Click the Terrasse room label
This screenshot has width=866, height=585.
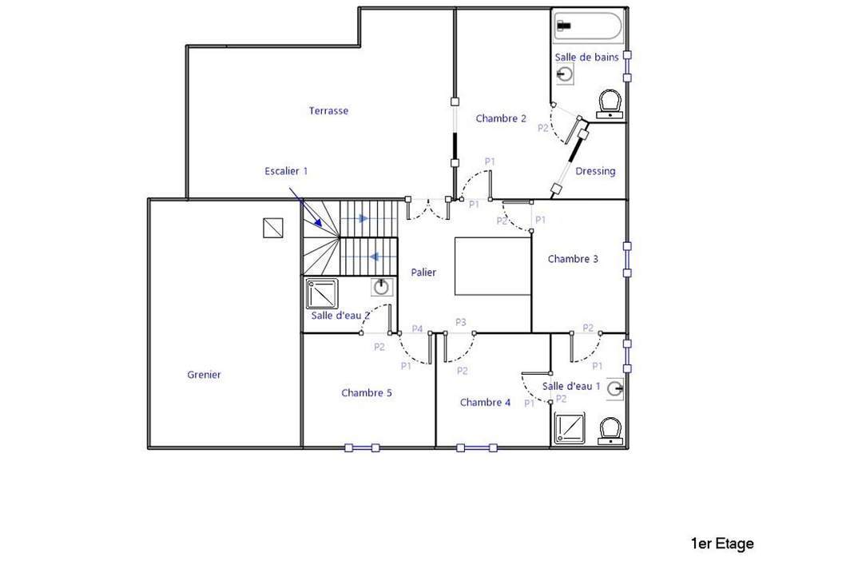328,111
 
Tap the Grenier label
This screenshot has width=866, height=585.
204,375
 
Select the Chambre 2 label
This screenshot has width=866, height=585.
501,119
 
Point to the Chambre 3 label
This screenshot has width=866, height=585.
573,259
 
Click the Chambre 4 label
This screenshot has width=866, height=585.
485,403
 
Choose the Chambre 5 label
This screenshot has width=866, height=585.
366,393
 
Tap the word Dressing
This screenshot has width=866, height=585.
595,171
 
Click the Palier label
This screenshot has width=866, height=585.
423,273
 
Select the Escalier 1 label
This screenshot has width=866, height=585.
286,171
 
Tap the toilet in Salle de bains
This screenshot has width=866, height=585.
610,104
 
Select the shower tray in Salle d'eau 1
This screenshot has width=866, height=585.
570,428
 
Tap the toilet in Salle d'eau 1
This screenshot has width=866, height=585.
611,429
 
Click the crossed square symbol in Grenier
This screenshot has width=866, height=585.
273,229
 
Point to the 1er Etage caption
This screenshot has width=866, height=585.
721,544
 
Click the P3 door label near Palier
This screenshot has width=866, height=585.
461,322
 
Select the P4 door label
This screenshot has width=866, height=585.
417,328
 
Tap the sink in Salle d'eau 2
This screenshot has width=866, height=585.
382,286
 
